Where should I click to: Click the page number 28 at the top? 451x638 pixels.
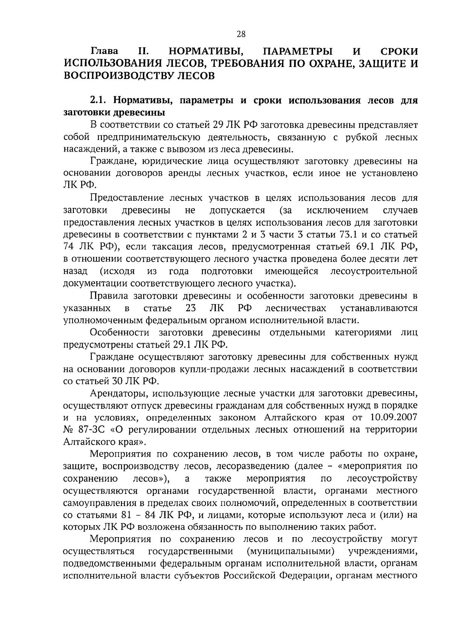241,35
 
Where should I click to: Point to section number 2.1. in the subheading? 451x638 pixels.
99,101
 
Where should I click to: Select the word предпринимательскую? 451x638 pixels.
146,137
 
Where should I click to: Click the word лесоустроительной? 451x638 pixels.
374,271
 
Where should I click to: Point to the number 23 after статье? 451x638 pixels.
191,308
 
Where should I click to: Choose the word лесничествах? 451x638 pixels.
295,308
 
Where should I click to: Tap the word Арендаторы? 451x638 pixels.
115,394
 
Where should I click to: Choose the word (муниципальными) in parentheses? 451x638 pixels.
291,551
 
